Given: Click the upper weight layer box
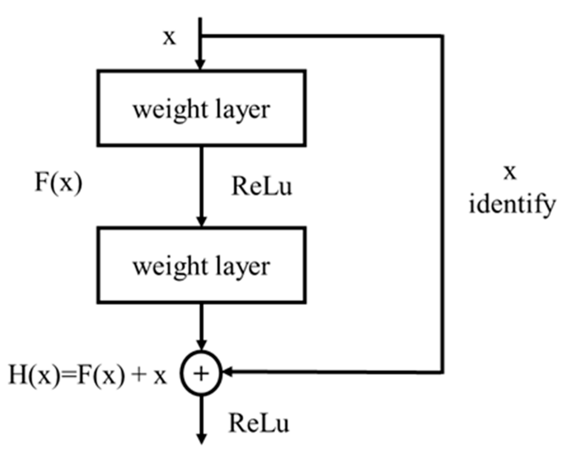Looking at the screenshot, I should (x=202, y=108).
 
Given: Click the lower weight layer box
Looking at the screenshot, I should (x=202, y=265).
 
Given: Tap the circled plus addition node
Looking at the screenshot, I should (x=201, y=373).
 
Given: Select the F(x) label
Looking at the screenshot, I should (x=58, y=183).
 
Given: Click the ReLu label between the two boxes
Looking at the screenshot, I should (x=262, y=186).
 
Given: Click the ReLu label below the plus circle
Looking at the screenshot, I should (x=259, y=424).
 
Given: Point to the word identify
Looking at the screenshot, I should (x=512, y=205).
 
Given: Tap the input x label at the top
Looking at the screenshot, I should (x=169, y=37).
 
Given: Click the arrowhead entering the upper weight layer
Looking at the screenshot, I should (x=200, y=65).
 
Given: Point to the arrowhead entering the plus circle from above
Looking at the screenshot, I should (x=201, y=345).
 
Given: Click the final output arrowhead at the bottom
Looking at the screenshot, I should (x=201, y=439).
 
